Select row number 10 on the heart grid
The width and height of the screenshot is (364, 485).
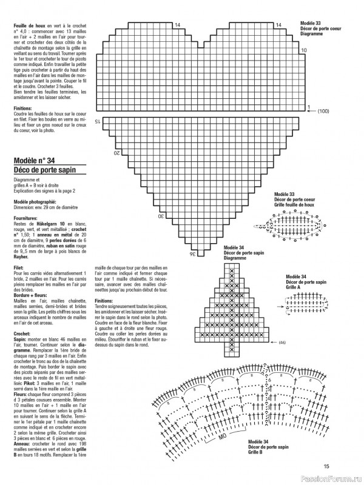304,50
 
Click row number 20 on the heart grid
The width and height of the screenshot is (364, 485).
117,153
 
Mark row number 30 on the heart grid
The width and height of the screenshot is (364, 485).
161,216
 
